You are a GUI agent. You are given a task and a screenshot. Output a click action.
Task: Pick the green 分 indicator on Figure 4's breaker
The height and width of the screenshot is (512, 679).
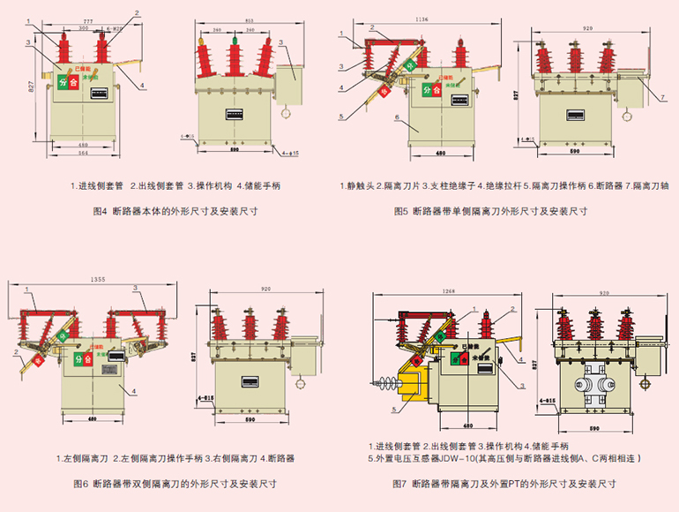[x=63, y=82]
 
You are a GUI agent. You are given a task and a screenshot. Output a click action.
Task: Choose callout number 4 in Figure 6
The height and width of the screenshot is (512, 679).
[x=132, y=390]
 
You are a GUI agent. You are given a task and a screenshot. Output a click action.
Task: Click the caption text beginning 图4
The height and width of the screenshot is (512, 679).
[x=174, y=211]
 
